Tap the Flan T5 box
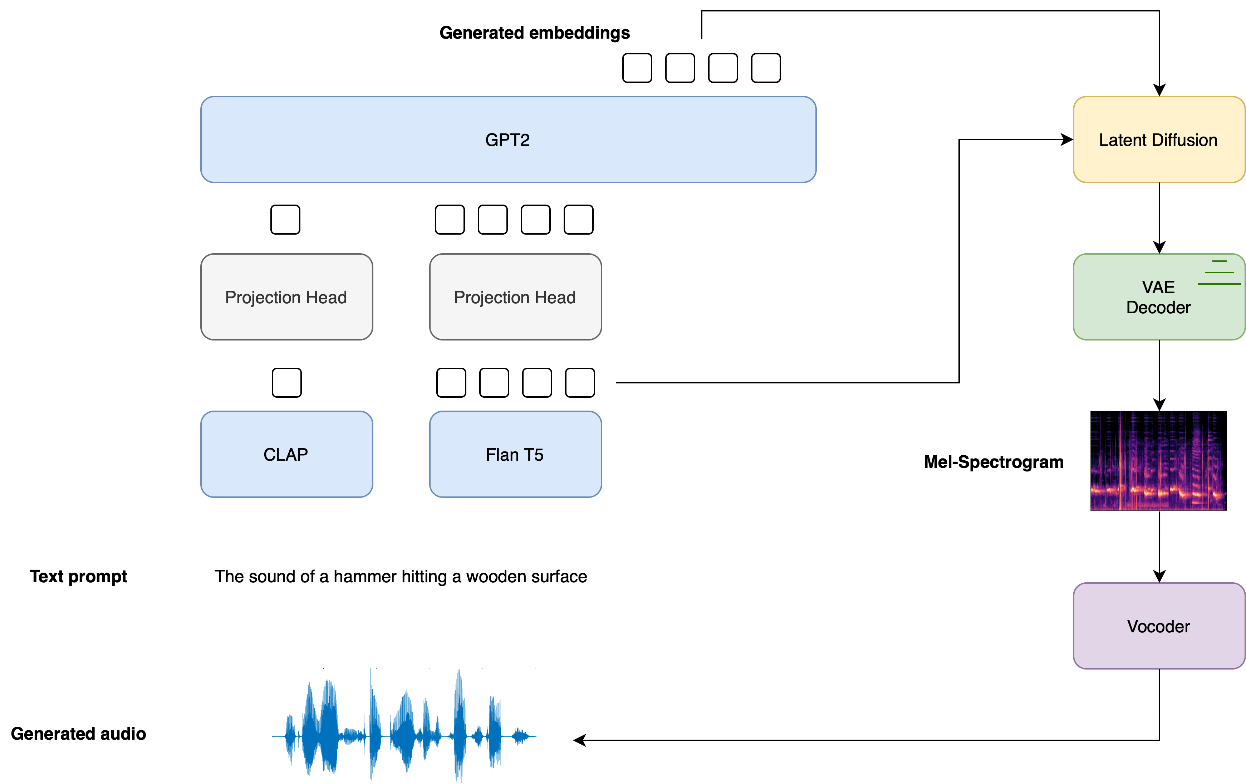click(x=515, y=454)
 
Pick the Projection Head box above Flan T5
click(x=515, y=297)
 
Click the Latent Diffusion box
click(x=1158, y=140)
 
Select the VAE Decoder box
click(x=1158, y=297)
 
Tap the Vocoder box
click(x=1158, y=626)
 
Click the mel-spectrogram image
click(x=1158, y=461)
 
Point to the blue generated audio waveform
click(x=404, y=730)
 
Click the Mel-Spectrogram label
click(x=994, y=462)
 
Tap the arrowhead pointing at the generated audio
click(x=579, y=740)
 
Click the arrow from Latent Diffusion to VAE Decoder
click(x=1159, y=217)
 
